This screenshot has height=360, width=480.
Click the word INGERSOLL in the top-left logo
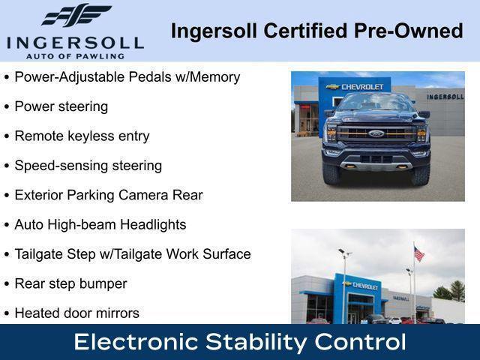click(74, 42)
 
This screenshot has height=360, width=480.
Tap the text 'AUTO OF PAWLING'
click(74, 55)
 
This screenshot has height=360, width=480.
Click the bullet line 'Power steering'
click(61, 106)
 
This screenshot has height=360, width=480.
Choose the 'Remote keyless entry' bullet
click(82, 136)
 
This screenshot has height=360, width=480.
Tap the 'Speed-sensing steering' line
click(88, 166)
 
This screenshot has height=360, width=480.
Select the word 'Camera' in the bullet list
click(140, 195)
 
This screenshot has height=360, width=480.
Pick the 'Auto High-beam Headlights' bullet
click(100, 224)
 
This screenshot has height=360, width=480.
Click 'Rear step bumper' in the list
click(70, 283)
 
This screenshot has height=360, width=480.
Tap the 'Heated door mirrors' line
click(76, 313)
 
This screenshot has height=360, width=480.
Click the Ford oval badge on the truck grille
click(376, 133)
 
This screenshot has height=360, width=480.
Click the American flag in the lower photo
click(418, 254)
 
